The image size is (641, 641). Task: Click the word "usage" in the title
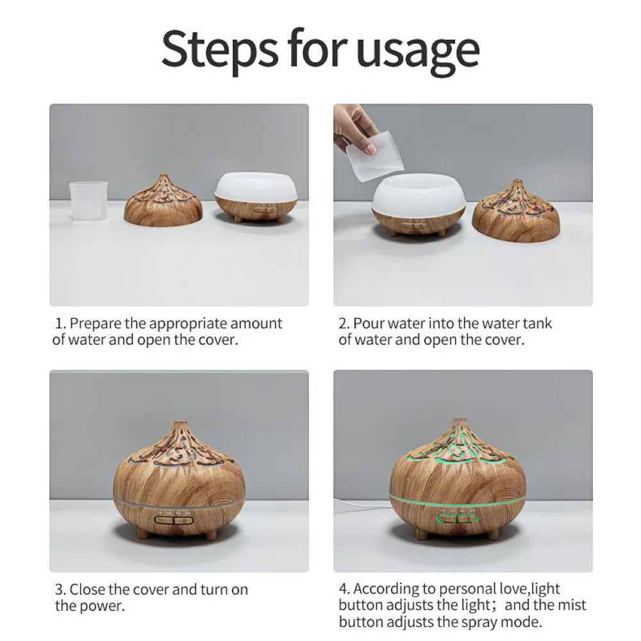click(x=417, y=49)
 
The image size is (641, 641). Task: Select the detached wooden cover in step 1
click(x=163, y=203)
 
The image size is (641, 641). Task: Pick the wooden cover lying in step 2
click(x=515, y=213)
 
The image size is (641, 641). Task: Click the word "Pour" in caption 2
click(x=369, y=324)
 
